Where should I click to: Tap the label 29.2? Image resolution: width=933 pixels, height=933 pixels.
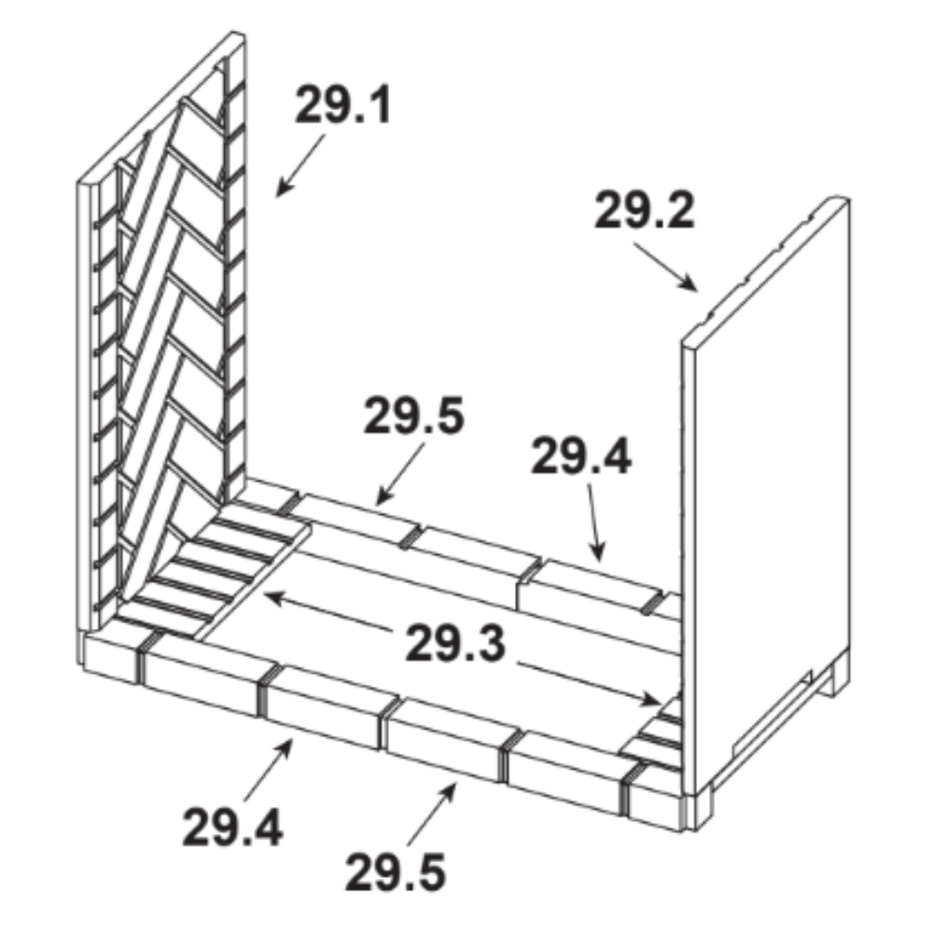pos(645,210)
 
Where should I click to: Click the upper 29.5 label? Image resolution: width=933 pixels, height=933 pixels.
pos(413,415)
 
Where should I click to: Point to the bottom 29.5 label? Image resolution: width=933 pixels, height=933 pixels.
pos(395,871)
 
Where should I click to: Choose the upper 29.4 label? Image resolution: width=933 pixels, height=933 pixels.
pos(580,457)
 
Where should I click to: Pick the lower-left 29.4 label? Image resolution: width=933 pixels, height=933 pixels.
pos(232,827)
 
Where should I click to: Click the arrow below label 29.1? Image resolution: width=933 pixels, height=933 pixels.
pos(300,165)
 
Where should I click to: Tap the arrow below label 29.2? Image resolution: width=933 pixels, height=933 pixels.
pos(666,267)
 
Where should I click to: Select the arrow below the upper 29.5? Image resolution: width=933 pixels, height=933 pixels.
pos(400,473)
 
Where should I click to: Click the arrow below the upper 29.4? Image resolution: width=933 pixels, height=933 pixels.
pos(595,522)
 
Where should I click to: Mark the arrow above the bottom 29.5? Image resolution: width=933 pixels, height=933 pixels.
pos(433,814)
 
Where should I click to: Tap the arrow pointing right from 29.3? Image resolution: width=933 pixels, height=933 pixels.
pos(588,684)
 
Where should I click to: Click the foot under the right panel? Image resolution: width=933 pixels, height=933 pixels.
pos(831,677)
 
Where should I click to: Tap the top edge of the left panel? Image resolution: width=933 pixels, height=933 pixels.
pos(160,107)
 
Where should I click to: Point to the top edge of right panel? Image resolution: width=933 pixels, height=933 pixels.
pos(766,271)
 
